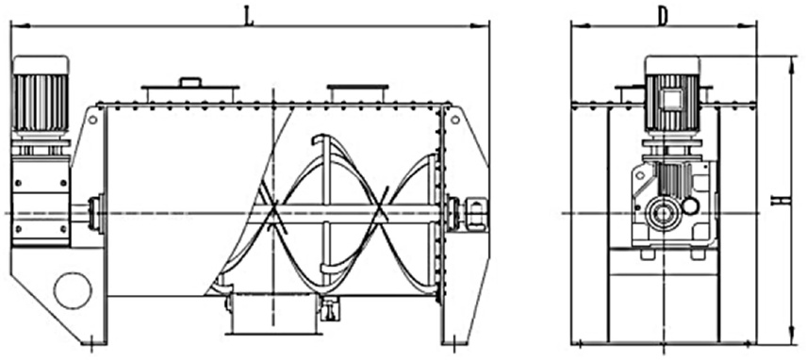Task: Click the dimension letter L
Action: (249, 18)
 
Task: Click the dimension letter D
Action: (663, 18)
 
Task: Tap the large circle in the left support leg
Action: (73, 290)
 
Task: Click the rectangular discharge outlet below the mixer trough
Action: (271, 314)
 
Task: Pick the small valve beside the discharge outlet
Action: (330, 308)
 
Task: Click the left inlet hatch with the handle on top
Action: (190, 90)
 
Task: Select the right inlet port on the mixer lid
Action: (358, 93)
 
